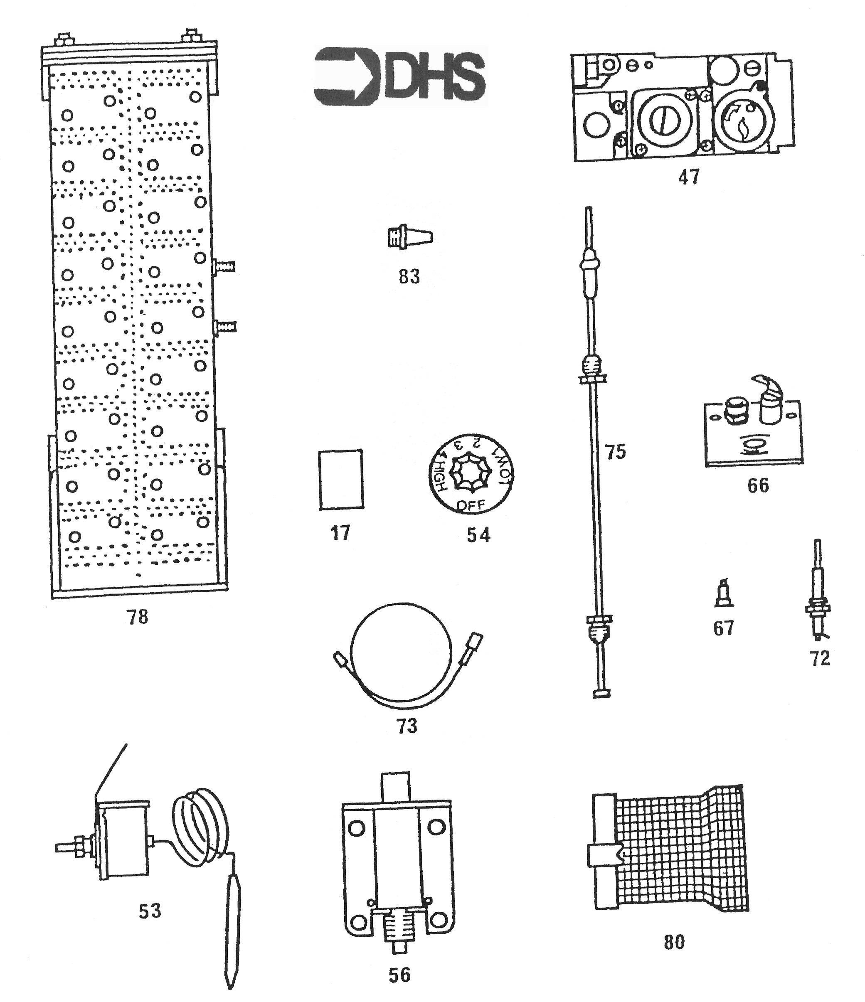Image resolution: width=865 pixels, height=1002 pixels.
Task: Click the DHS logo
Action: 400,76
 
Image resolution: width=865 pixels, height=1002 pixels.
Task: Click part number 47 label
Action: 688,177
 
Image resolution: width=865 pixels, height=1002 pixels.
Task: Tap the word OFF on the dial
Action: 471,506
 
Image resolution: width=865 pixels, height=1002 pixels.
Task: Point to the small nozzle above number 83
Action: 410,237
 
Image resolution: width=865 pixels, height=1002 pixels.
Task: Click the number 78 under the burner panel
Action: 138,617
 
